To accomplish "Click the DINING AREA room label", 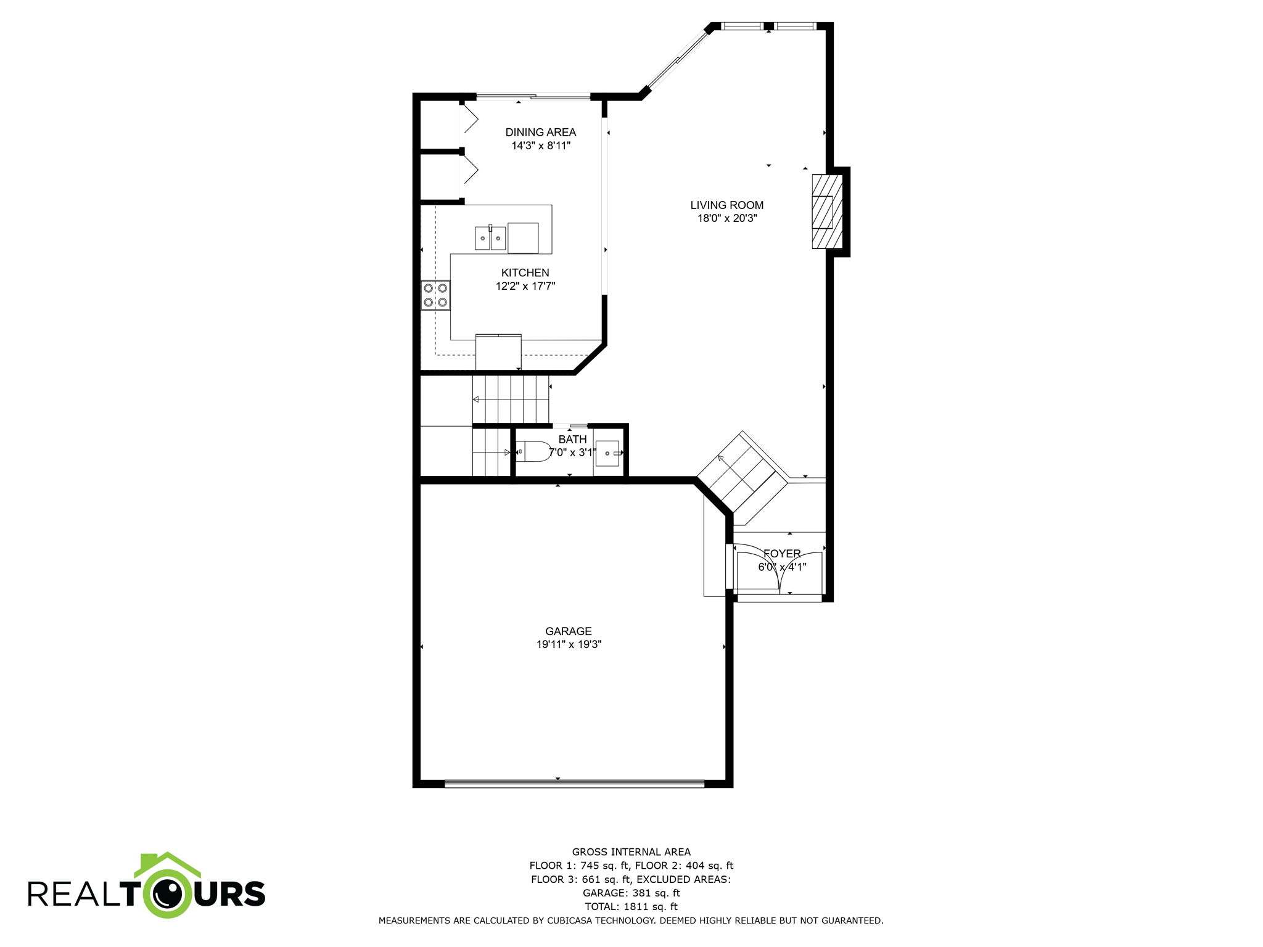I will click(x=540, y=132).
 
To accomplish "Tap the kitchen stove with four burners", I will click(x=435, y=295).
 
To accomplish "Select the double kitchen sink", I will click(x=490, y=238).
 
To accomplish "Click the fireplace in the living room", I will click(x=827, y=211).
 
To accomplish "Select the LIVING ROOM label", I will click(x=726, y=205).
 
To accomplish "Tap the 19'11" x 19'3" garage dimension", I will click(x=569, y=644).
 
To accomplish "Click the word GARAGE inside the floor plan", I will click(x=568, y=631).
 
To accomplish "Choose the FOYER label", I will click(x=782, y=554).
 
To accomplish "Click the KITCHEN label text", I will click(x=525, y=273).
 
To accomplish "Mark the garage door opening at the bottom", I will click(x=574, y=784).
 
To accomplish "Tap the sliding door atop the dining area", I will click(x=533, y=96).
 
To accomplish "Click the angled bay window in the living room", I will click(x=677, y=59).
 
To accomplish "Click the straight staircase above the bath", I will click(x=511, y=399).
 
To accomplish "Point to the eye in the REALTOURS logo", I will click(x=168, y=893).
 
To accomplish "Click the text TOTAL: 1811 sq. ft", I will click(x=631, y=906).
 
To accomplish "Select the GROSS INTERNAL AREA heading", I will click(x=631, y=852).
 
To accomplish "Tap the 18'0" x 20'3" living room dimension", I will click(x=726, y=218).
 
